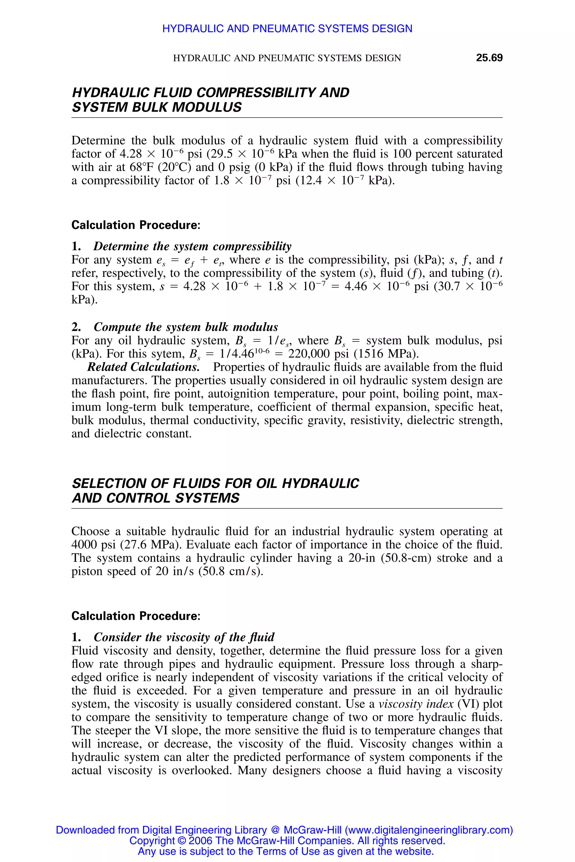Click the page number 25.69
(x=489, y=58)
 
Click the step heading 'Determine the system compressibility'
(x=193, y=246)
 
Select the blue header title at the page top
(x=287, y=29)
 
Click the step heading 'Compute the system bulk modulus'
(x=186, y=327)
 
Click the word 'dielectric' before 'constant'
(x=118, y=434)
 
